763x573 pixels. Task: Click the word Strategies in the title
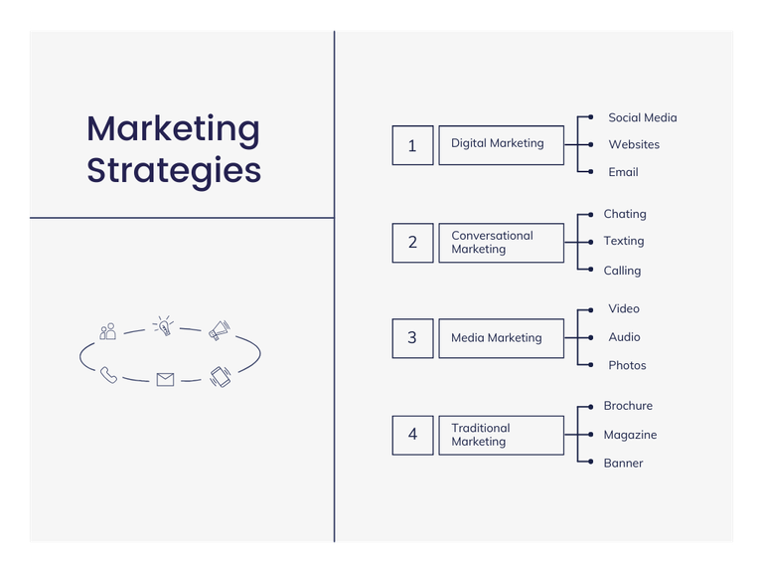[x=174, y=171]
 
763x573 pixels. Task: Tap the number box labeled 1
[x=412, y=145]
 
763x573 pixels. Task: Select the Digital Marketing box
[x=501, y=145]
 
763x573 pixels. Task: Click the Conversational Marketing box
[x=501, y=243]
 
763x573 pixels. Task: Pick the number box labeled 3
[x=412, y=338]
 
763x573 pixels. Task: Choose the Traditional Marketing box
[x=501, y=435]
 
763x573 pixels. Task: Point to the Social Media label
[x=643, y=118]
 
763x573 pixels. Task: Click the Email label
[x=623, y=172]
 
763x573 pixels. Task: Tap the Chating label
[x=625, y=215]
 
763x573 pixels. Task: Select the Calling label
[x=622, y=271]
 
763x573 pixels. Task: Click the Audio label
[x=624, y=337]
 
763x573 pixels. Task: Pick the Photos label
[x=627, y=365]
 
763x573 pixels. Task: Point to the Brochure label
[x=628, y=406]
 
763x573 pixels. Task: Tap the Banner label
[x=623, y=464]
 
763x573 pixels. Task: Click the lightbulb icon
[x=164, y=325]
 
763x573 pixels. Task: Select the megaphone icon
[x=219, y=330]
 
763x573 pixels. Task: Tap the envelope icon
[x=166, y=380]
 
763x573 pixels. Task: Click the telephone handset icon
[x=108, y=375]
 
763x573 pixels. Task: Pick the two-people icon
[x=107, y=331]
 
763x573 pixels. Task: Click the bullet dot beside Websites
[x=591, y=144]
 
